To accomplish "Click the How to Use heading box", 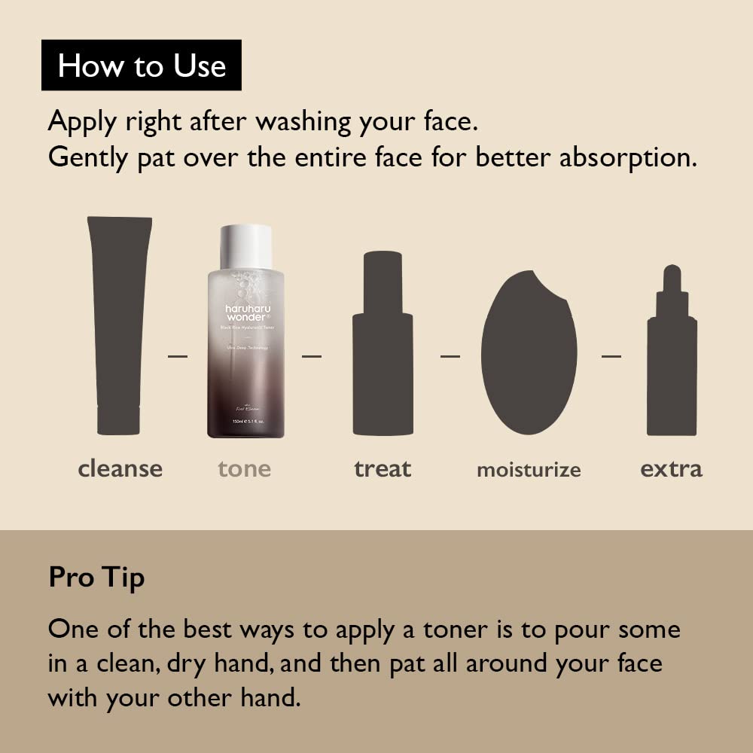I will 142,66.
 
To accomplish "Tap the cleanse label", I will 120,469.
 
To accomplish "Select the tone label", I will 244,469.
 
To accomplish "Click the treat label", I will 383,469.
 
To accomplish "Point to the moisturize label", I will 529,471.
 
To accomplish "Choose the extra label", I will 671,469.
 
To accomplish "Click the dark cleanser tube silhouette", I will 119,324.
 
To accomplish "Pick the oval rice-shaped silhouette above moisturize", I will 529,354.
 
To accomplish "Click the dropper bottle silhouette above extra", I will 671,361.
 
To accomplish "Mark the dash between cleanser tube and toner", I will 178,355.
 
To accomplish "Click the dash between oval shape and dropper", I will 611,355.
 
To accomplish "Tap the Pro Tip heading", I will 96,578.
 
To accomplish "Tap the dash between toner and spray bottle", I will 312,355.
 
